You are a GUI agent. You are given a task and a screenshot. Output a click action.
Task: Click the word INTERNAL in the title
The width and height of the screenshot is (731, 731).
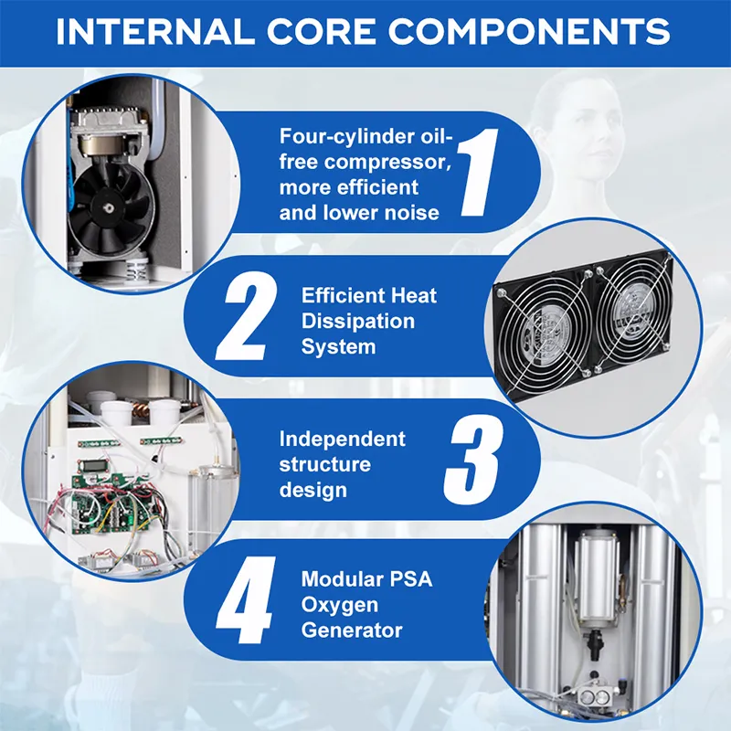coord(155,32)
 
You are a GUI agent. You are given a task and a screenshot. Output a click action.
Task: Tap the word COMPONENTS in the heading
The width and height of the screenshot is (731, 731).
coord(529,32)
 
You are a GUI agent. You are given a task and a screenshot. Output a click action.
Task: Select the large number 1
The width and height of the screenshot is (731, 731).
coord(478,172)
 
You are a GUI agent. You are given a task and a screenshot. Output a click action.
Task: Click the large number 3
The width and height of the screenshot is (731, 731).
coord(473,460)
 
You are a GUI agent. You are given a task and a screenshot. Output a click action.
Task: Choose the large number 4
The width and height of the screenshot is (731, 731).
coord(246,600)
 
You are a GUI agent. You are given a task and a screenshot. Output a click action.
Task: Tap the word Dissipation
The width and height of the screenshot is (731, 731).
coord(357,322)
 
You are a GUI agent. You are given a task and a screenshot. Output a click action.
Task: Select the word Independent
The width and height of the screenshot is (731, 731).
coord(342,439)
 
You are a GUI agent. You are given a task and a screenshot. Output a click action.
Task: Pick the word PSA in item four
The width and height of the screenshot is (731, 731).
coord(412,579)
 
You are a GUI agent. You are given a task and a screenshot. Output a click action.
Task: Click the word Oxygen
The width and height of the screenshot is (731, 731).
coord(339,605)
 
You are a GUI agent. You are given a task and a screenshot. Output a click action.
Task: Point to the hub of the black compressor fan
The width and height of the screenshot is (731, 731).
coord(109,205)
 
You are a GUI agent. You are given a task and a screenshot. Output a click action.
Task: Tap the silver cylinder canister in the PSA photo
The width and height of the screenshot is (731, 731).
coord(597,577)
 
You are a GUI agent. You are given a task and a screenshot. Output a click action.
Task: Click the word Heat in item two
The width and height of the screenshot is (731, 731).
coord(414,295)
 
